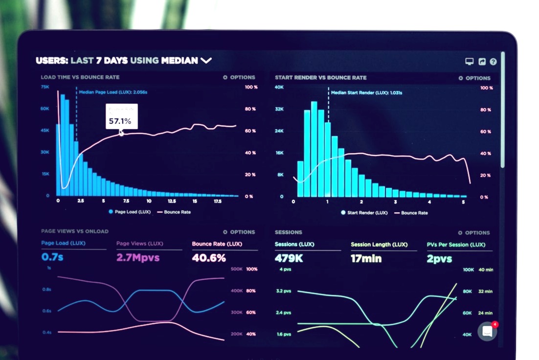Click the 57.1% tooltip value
pyautogui.click(x=120, y=121)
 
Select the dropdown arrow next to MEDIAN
pyautogui.click(x=206, y=61)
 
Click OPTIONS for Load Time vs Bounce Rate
pyautogui.click(x=239, y=77)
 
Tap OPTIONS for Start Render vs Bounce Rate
pyautogui.click(x=474, y=78)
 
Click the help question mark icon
pyautogui.click(x=493, y=62)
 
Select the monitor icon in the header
pyautogui.click(x=469, y=62)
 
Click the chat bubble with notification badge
pyautogui.click(x=487, y=331)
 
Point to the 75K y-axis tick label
pyautogui.click(x=45, y=87)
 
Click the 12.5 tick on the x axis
pyautogui.click(x=172, y=201)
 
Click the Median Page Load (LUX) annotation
pyautogui.click(x=113, y=92)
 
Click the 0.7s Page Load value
pyautogui.click(x=52, y=257)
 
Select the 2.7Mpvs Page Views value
pyautogui.click(x=138, y=257)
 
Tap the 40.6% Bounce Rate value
pyautogui.click(x=209, y=258)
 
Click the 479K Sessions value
pyautogui.click(x=289, y=258)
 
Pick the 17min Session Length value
pyautogui.click(x=366, y=259)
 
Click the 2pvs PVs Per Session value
pyautogui.click(x=439, y=259)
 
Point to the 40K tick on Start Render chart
pyautogui.click(x=279, y=88)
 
